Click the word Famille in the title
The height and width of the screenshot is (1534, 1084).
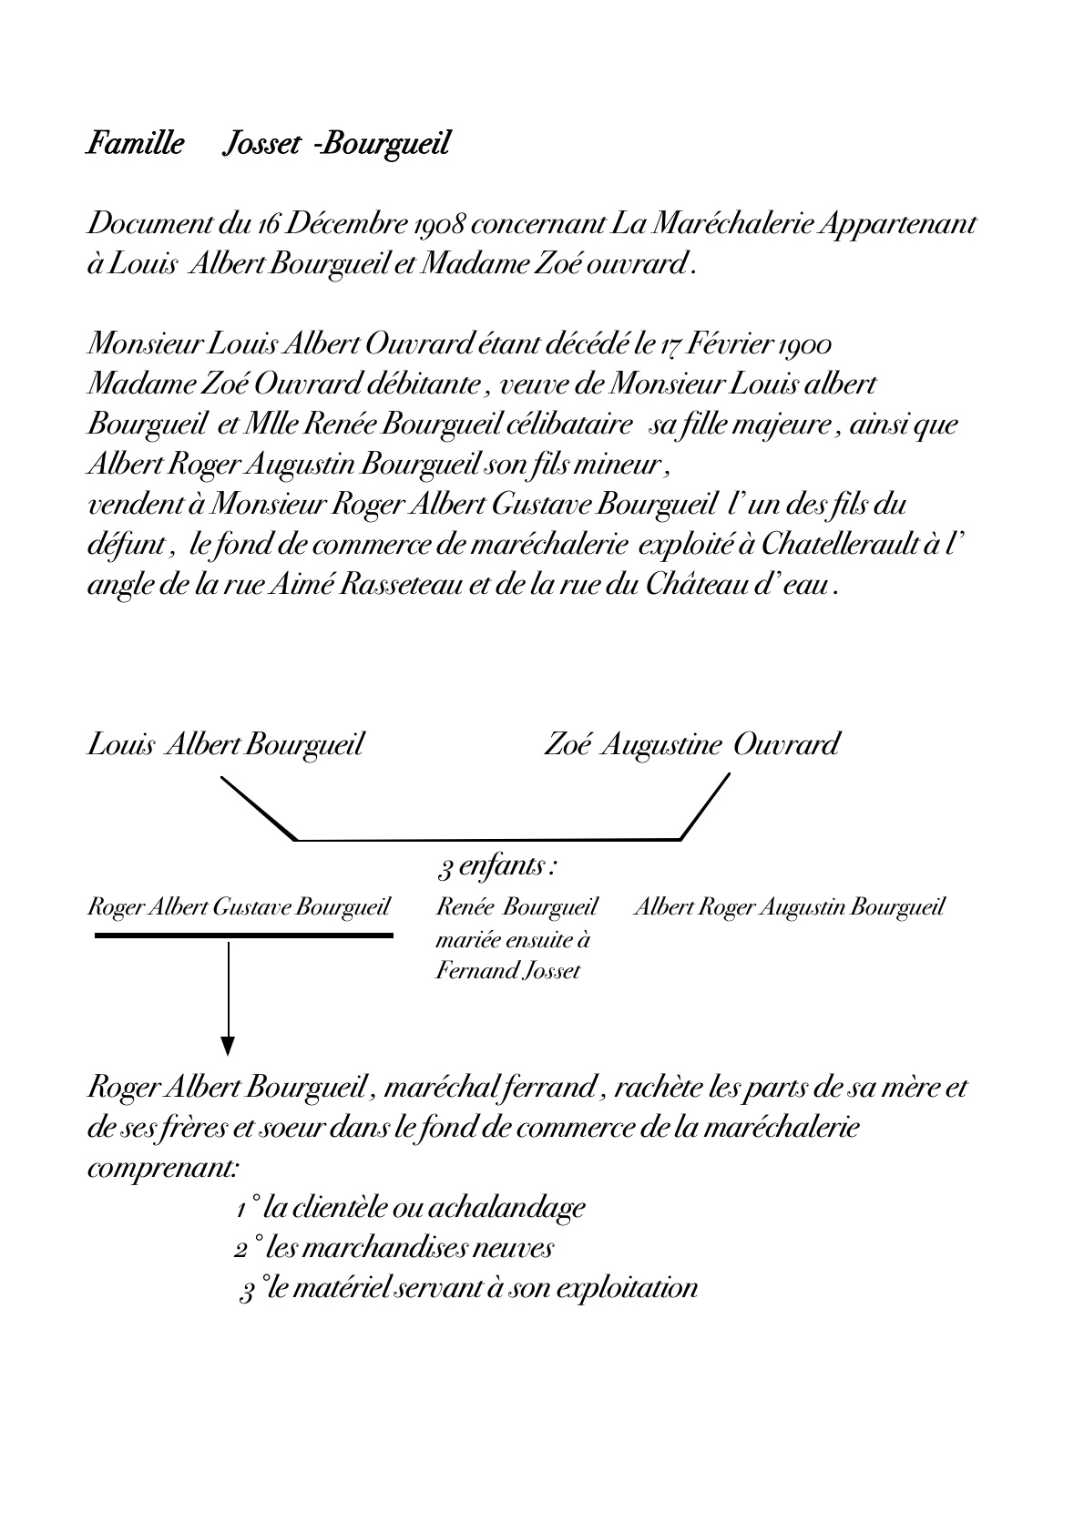click(134, 144)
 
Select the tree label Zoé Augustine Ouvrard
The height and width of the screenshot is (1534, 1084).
click(690, 744)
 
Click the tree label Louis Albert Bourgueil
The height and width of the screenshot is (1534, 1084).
click(225, 744)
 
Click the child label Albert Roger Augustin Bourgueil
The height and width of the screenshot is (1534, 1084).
click(788, 907)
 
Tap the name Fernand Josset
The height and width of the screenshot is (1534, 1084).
click(507, 971)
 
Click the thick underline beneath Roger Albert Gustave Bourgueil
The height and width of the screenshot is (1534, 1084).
click(243, 935)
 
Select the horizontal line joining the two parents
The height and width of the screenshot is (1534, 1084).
click(488, 839)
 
